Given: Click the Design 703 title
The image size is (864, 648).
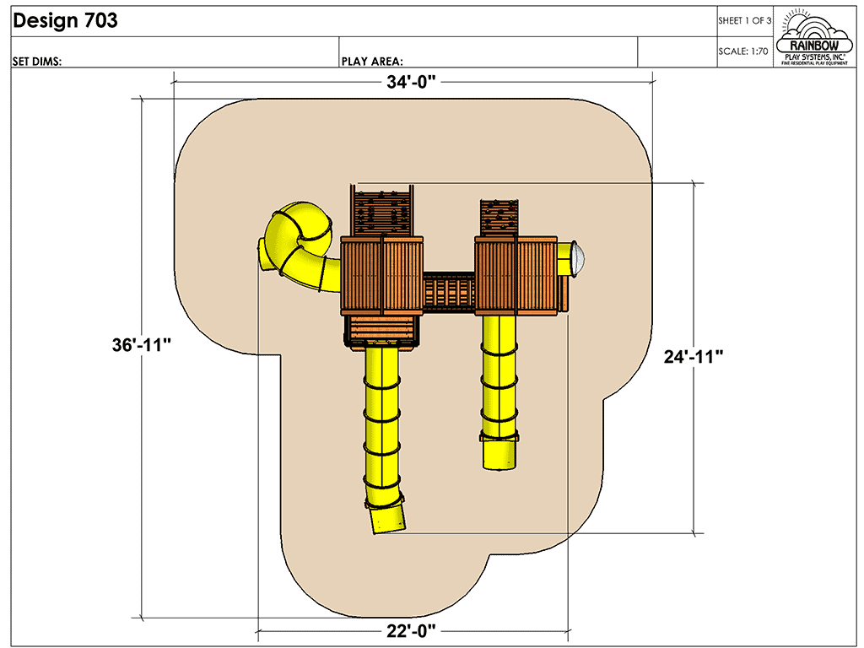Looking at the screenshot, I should pyautogui.click(x=65, y=22).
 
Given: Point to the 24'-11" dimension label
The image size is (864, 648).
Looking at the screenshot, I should pyautogui.click(x=694, y=357).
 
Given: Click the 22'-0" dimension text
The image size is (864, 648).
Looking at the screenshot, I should pyautogui.click(x=413, y=631).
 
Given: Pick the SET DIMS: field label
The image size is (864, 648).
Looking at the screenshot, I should pyautogui.click(x=37, y=61).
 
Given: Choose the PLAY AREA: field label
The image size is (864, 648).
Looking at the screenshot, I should pyautogui.click(x=371, y=61).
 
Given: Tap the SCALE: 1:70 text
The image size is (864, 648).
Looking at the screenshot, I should pyautogui.click(x=743, y=51).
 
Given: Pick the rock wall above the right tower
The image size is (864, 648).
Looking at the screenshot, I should pyautogui.click(x=499, y=218).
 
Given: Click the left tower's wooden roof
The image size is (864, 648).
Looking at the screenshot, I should pyautogui.click(x=382, y=275).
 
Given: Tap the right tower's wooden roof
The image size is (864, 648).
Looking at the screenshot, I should pyautogui.click(x=517, y=274).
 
